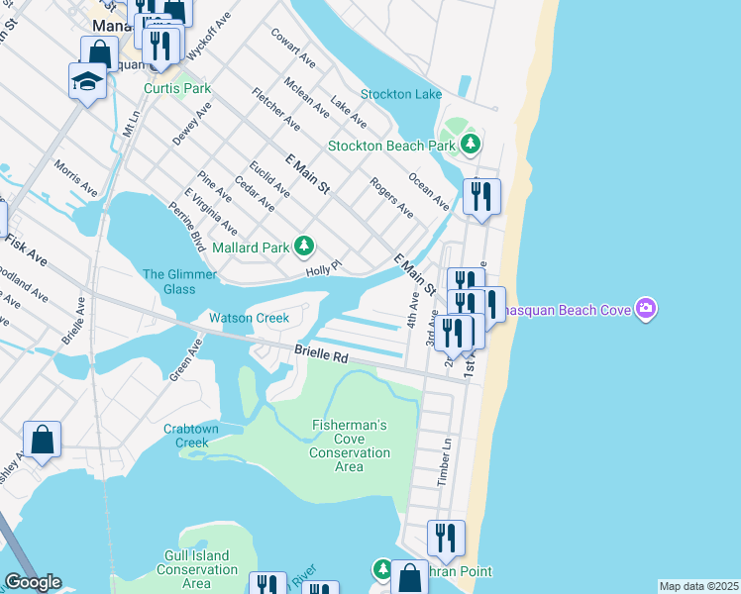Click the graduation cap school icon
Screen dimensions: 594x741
(88, 80)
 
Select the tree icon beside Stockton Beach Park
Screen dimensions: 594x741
(472, 146)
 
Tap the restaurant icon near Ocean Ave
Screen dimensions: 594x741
(481, 196)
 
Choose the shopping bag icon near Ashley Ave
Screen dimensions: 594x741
(43, 440)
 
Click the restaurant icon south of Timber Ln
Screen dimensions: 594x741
(446, 538)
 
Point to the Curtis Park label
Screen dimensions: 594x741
(177, 88)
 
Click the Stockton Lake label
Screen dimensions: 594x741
(401, 95)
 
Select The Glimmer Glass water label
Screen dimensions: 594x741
(168, 281)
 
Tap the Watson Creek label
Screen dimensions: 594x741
(249, 318)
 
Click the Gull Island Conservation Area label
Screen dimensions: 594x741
(197, 570)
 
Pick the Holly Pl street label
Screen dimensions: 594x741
(323, 266)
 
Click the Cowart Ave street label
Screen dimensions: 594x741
(293, 47)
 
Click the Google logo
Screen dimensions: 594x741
(32, 582)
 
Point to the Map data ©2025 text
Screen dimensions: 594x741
(698, 586)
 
